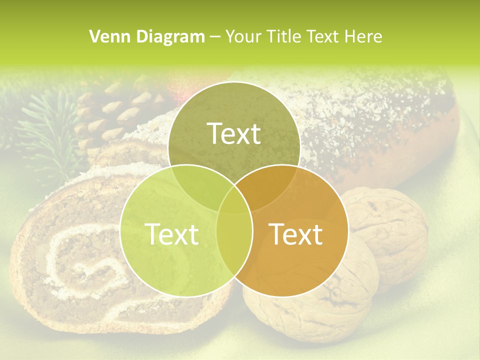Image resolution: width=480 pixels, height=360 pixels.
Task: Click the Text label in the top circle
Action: (234, 133)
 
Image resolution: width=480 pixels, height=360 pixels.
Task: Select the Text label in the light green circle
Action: (171, 234)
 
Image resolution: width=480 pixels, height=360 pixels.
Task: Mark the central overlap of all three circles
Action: (234, 200)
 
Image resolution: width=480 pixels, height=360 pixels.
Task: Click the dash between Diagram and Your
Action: (215, 36)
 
